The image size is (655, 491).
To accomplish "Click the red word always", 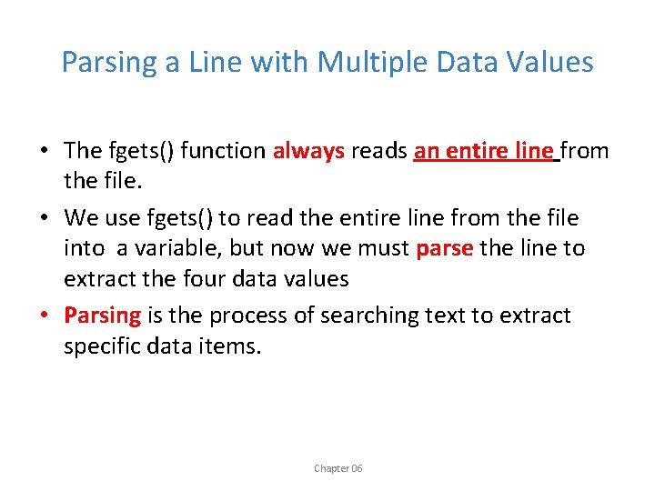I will coord(308,151).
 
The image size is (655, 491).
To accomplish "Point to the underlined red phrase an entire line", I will coord(483,151).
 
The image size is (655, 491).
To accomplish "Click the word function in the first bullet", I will coord(223,151).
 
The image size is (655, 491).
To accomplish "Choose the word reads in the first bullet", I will coord(379,151).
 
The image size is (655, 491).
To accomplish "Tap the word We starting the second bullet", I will coord(80,218).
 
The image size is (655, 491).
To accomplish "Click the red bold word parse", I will coord(444,248).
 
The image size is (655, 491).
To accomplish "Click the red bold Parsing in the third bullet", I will coord(102,316).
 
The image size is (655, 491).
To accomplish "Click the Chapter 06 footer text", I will coord(338,468).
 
